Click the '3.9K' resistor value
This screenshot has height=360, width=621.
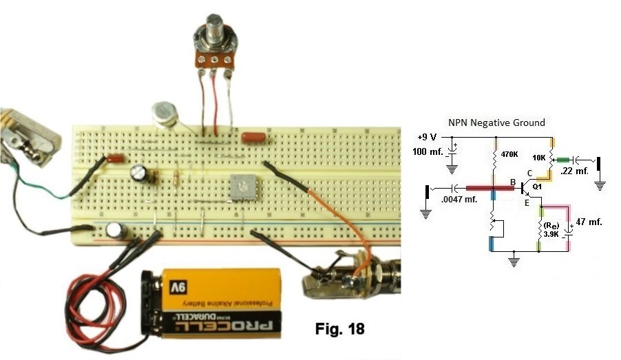551,233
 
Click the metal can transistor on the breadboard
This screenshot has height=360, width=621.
163,112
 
